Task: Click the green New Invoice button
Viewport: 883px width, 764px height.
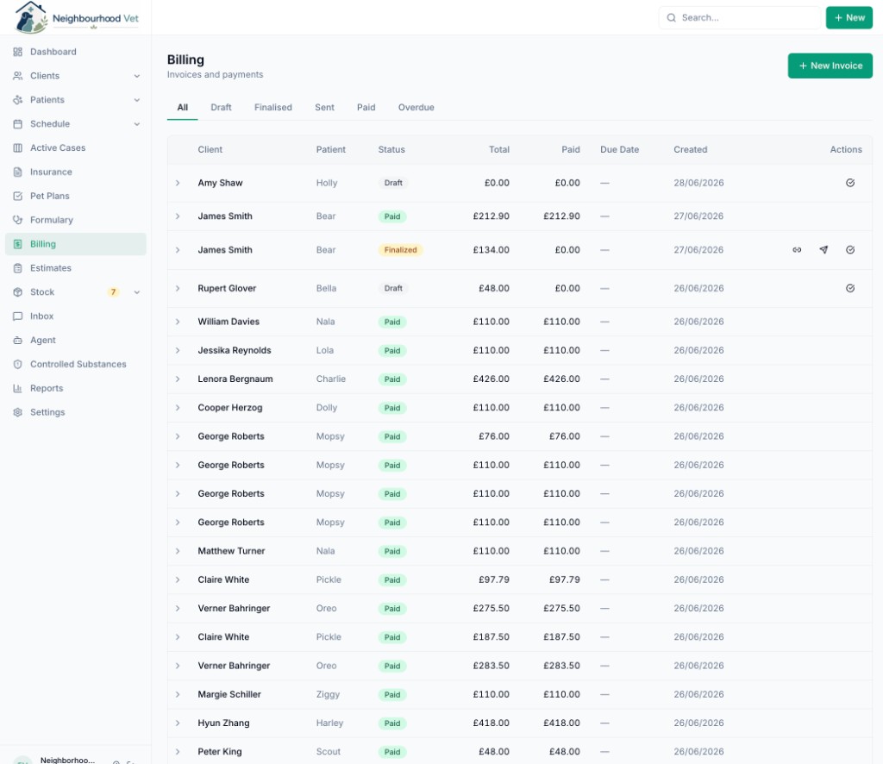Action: click(830, 66)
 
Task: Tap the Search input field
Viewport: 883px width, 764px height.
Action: click(739, 17)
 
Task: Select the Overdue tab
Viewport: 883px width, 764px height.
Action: click(416, 108)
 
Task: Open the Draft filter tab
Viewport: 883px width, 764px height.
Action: click(221, 108)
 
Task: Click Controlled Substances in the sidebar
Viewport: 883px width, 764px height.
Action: click(78, 364)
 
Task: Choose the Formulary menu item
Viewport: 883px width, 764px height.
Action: click(51, 220)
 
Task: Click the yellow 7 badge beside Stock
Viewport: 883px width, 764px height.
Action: click(113, 292)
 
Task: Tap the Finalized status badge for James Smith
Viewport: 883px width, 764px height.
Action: click(400, 250)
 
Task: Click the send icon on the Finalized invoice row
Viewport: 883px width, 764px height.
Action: click(824, 250)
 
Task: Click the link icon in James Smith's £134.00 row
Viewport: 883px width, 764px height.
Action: click(797, 250)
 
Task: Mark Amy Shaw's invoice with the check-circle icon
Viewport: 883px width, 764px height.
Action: click(849, 183)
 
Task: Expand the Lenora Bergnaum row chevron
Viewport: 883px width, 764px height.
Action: click(178, 379)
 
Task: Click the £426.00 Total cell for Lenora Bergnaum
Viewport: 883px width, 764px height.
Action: click(491, 379)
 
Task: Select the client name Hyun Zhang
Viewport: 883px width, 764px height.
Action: click(223, 723)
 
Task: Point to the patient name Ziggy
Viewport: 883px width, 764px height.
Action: click(328, 694)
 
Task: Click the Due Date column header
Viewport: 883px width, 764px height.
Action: click(619, 150)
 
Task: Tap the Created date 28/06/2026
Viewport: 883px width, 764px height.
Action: click(698, 183)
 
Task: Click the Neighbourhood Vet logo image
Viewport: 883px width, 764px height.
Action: click(30, 17)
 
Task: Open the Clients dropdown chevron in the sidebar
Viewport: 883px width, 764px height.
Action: click(137, 76)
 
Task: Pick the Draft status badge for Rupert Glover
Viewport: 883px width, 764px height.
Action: click(393, 288)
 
